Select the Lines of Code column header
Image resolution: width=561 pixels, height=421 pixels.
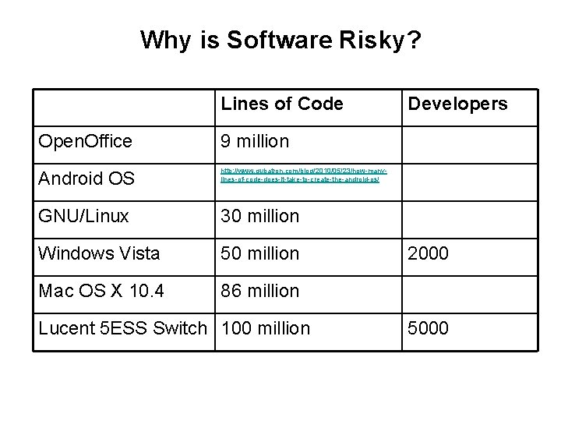[x=282, y=104]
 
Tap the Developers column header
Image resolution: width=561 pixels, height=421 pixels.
[x=458, y=104]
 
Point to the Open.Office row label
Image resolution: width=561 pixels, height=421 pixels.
[x=86, y=141]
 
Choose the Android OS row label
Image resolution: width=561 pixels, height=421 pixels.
[x=86, y=179]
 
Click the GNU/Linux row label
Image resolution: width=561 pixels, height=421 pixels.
[x=84, y=216]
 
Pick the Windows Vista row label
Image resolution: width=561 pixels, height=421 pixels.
[x=99, y=253]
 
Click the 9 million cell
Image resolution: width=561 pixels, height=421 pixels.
[x=255, y=141]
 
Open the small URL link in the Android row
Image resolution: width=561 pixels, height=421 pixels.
[x=305, y=175]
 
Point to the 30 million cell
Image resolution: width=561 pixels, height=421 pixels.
[x=260, y=216]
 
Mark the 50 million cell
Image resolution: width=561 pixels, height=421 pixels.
[x=260, y=253]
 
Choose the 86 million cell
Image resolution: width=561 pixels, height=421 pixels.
[x=260, y=291]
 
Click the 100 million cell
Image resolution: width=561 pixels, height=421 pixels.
[x=266, y=328]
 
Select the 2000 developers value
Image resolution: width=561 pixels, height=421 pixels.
[x=429, y=253]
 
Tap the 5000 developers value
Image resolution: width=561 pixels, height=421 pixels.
[x=429, y=328]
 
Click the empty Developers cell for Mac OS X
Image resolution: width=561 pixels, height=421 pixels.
[x=467, y=291]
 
